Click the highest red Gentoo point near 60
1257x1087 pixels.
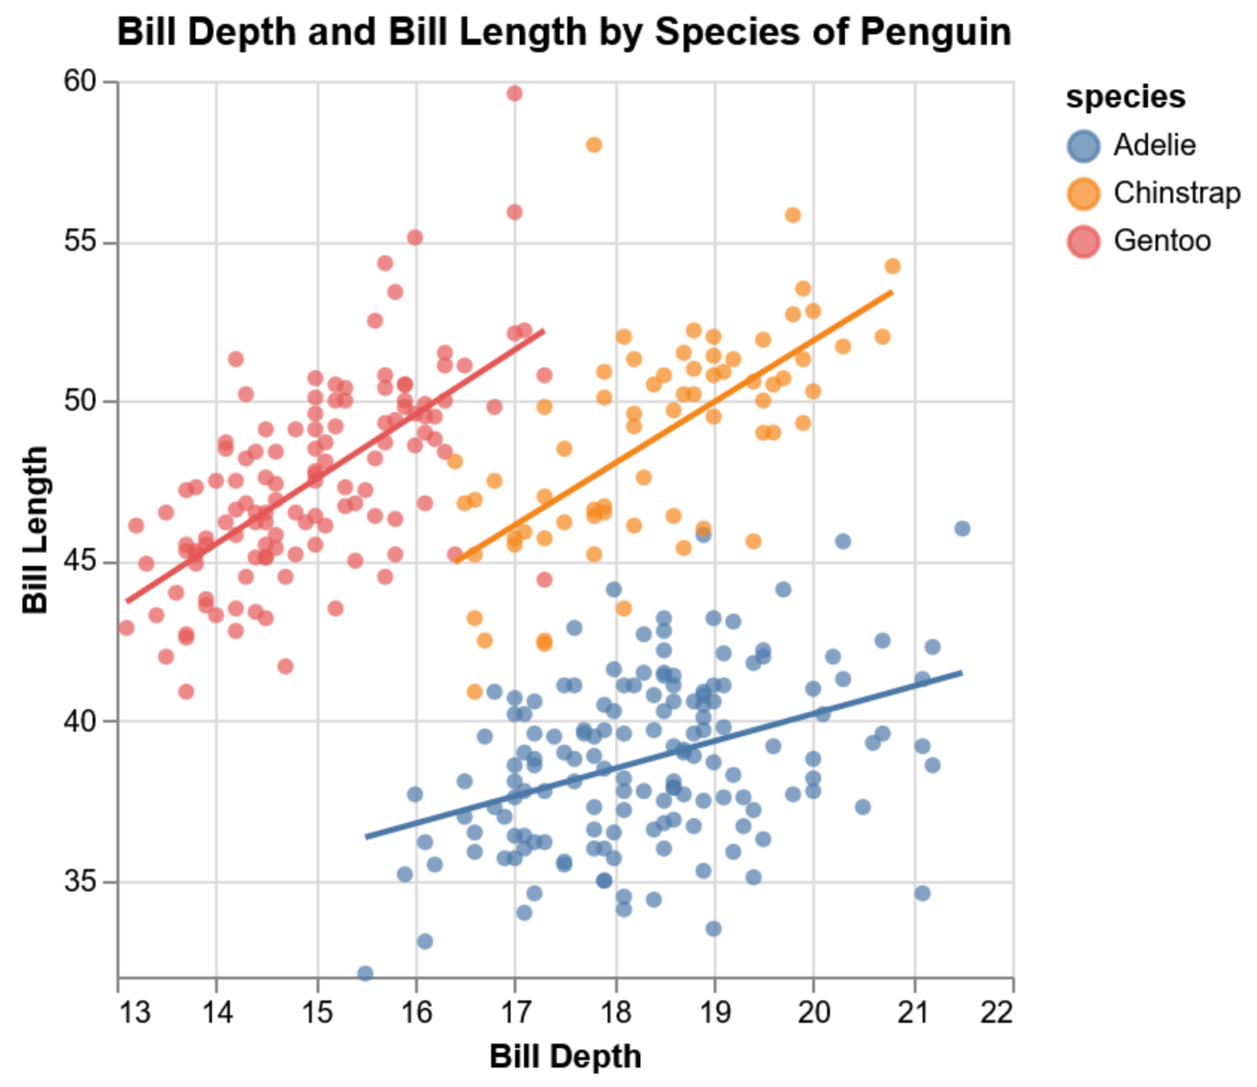[x=514, y=93]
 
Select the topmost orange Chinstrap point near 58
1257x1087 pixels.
[x=594, y=145]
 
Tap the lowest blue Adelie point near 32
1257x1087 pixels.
[x=365, y=974]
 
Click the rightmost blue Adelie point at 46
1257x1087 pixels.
[x=962, y=529]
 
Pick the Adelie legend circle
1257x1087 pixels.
[x=1083, y=146]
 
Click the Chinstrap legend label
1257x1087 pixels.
[x=1176, y=193]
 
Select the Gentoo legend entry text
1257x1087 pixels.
[x=1161, y=240]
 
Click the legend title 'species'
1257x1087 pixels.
[x=1125, y=97]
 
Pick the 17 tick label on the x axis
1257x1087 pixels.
[x=514, y=1013]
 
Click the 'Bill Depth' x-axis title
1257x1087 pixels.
[x=565, y=1057]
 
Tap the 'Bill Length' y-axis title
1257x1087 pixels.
[x=35, y=530]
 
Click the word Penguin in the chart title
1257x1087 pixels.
[x=935, y=32]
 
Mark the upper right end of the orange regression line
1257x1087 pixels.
[x=892, y=292]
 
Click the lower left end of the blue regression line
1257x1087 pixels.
[x=366, y=837]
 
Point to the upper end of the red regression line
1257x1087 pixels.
[x=543, y=331]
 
